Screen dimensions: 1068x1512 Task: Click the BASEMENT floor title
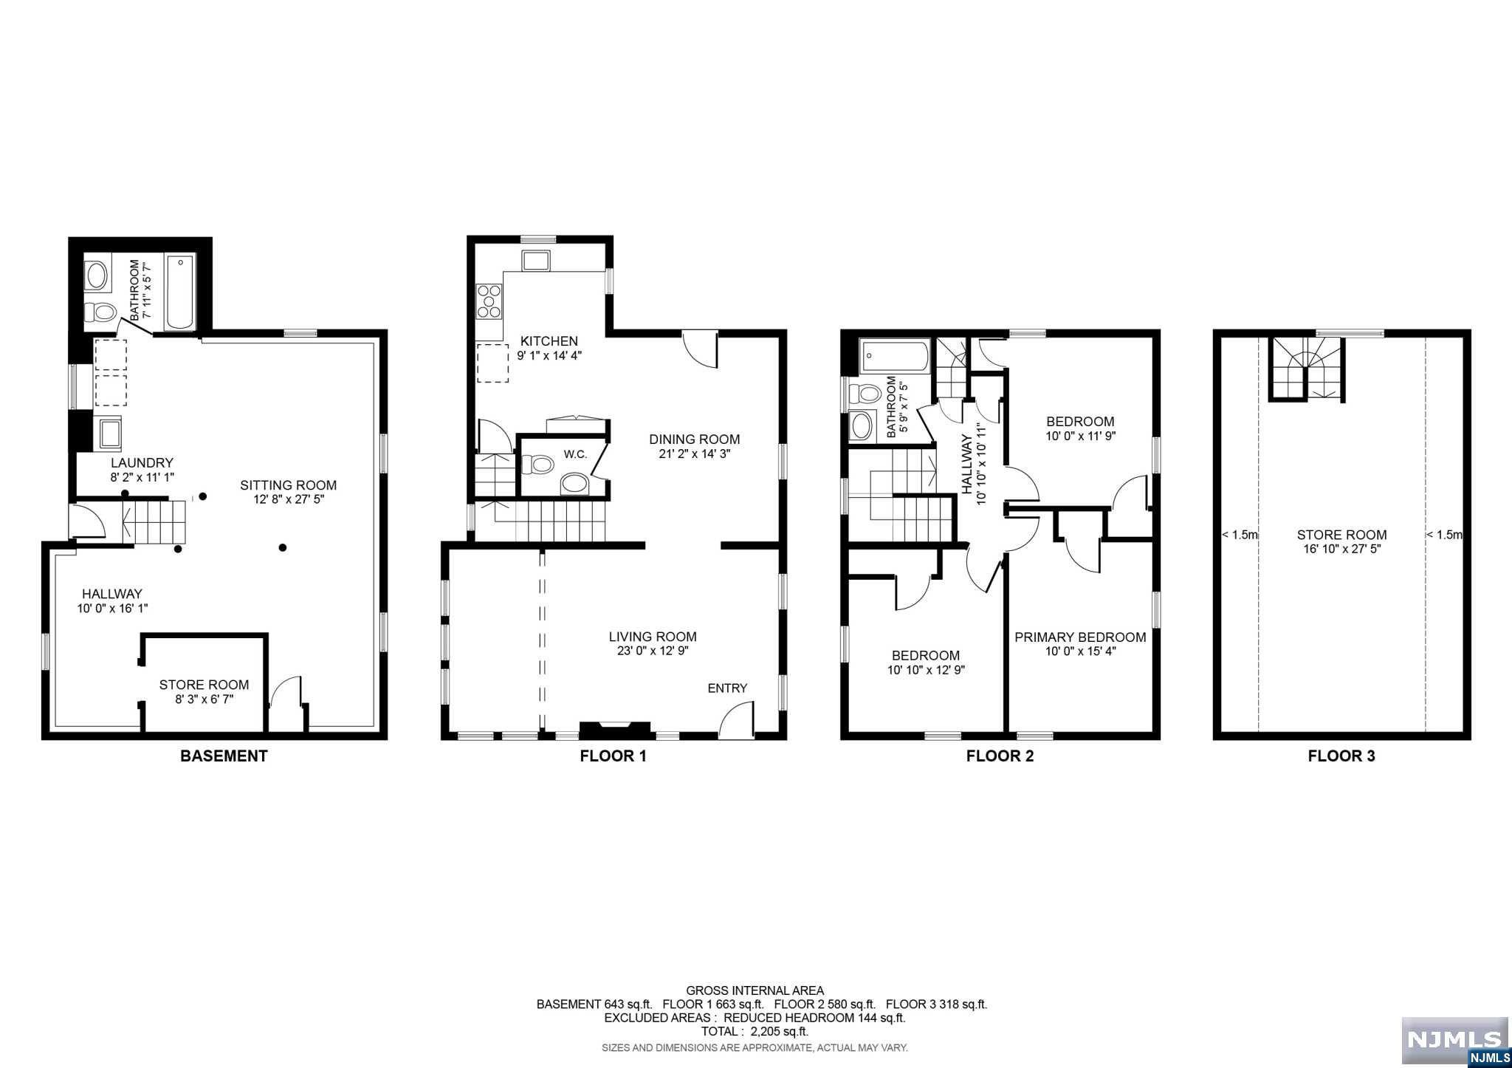click(224, 756)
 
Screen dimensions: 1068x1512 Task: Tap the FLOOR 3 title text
click(1341, 756)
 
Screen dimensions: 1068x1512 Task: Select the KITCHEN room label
click(549, 340)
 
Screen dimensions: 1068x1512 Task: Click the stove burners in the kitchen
click(489, 301)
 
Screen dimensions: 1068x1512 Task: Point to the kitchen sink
click(535, 261)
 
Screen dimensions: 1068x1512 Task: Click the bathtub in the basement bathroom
click(180, 292)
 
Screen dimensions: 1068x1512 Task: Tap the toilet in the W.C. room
click(537, 465)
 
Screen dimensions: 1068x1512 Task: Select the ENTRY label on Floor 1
click(727, 688)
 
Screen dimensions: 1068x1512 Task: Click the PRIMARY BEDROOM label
click(1080, 637)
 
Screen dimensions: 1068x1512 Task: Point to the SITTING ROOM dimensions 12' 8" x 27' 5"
click(288, 499)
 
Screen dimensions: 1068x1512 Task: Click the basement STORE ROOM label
click(204, 685)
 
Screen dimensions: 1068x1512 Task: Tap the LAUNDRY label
click(142, 463)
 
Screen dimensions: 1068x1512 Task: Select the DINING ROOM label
click(694, 439)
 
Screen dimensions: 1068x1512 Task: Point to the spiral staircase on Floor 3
click(1307, 369)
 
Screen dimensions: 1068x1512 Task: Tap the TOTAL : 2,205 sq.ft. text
click(754, 1031)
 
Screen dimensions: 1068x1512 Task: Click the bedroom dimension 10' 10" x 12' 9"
click(926, 670)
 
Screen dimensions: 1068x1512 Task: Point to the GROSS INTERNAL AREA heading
click(755, 990)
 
